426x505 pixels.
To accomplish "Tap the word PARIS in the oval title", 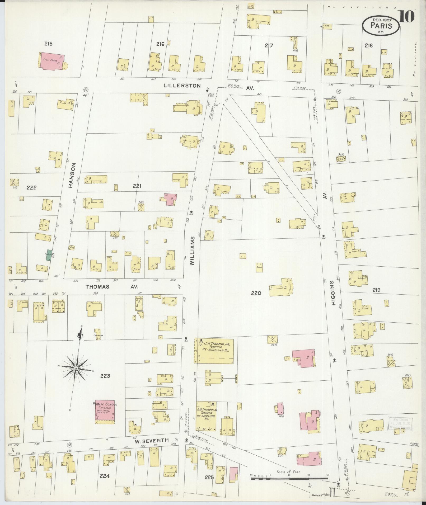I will coord(381,26).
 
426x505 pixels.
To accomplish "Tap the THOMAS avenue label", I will coord(97,286).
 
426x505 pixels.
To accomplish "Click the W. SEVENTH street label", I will coord(152,440).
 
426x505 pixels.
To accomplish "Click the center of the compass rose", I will coord(76,368).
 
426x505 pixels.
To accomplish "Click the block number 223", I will coord(105,376).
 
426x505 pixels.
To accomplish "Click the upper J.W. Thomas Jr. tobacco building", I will coord(214,351).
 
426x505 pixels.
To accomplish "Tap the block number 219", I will coord(376,290).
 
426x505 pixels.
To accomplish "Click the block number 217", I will coord(269,46).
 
